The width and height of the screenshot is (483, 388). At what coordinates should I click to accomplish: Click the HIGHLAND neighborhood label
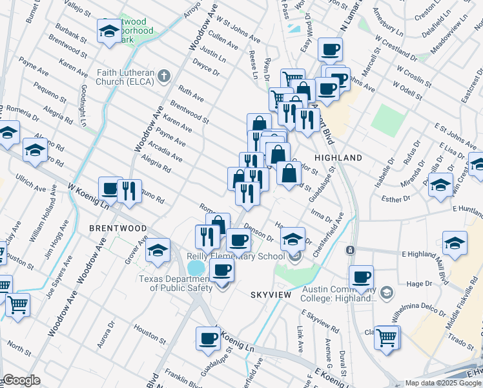pyautogui.click(x=338, y=158)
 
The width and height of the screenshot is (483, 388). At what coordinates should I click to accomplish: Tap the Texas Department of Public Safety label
pyautogui.click(x=176, y=283)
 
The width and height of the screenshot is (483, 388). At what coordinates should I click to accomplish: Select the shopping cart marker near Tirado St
pyautogui.click(x=387, y=336)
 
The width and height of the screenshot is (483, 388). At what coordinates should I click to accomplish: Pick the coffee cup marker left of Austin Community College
pyautogui.click(x=362, y=277)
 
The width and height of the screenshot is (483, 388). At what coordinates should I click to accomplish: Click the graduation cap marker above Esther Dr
pyautogui.click(x=440, y=184)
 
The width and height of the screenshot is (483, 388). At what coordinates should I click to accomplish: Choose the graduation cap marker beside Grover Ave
pyautogui.click(x=158, y=251)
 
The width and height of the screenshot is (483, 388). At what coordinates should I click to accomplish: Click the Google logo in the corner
pyautogui.click(x=21, y=380)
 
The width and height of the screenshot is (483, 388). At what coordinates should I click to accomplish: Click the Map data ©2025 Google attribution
pyautogui.click(x=443, y=383)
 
